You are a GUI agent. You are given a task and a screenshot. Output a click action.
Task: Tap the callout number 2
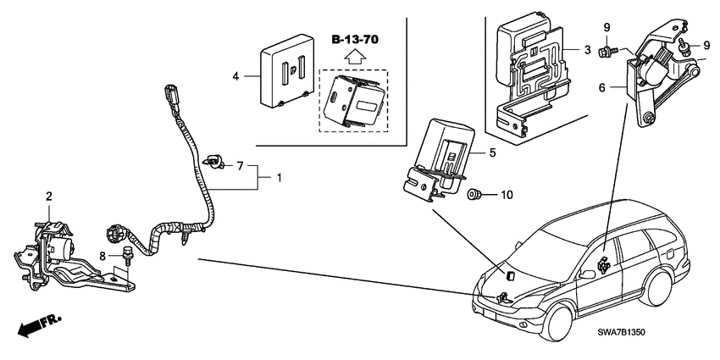(x=48, y=197)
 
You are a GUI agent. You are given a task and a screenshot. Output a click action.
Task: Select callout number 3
(x=586, y=51)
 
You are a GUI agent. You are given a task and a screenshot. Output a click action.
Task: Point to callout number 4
(x=236, y=76)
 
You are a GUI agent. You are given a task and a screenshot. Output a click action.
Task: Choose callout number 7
(x=240, y=165)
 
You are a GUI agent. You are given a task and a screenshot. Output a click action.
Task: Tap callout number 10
(x=507, y=196)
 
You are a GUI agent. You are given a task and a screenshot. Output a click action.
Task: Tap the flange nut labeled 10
(x=477, y=196)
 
